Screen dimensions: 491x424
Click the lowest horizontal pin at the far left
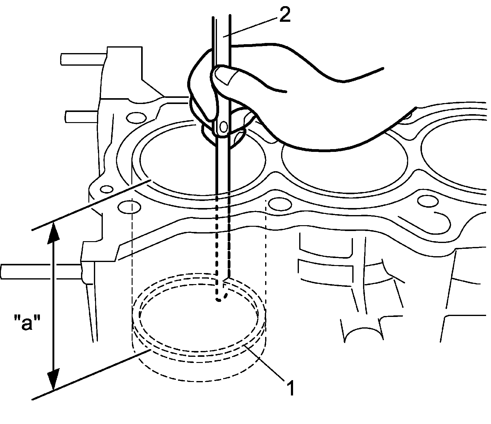click(x=41, y=271)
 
